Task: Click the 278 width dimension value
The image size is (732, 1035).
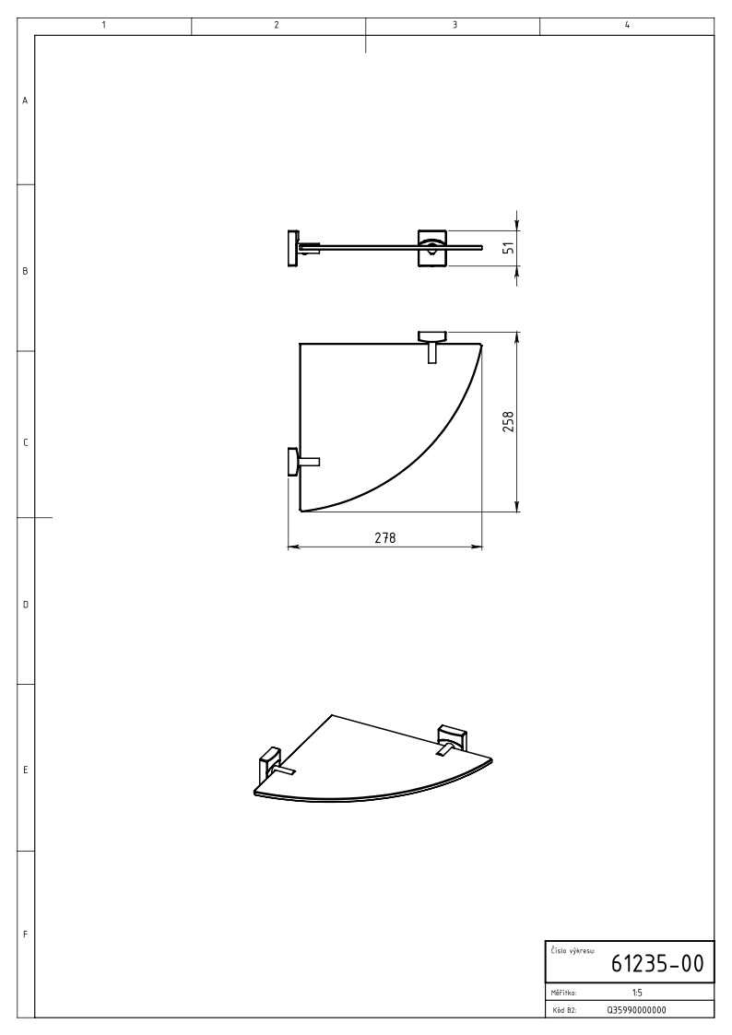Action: (384, 538)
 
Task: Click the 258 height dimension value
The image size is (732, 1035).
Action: (508, 422)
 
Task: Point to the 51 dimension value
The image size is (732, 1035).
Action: (508, 248)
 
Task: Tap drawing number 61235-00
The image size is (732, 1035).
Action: (657, 963)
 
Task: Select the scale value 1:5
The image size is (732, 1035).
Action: (637, 992)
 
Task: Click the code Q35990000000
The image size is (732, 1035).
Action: (636, 1010)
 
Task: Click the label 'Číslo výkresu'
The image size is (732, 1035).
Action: (573, 950)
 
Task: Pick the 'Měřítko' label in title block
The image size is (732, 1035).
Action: (563, 993)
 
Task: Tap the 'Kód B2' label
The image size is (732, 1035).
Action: (563, 1010)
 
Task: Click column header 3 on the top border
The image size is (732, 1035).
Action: (455, 25)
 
